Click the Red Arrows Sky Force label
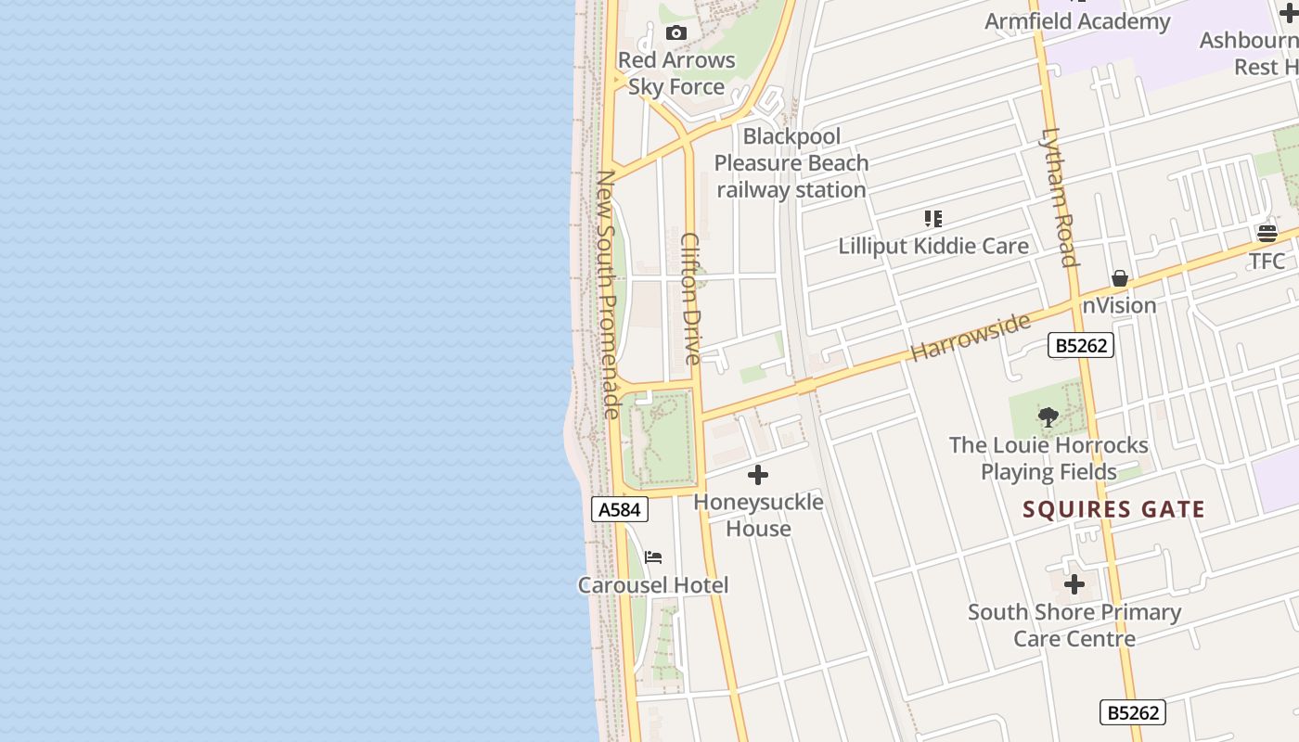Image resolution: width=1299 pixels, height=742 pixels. (x=676, y=73)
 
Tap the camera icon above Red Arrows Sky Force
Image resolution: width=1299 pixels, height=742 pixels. (x=676, y=33)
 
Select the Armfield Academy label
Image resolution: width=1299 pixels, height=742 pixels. (x=1077, y=21)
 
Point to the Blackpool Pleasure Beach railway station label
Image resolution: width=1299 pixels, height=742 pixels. (x=791, y=163)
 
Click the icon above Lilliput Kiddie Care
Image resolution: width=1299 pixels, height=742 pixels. (x=933, y=219)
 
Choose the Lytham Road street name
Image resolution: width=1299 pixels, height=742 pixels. (x=1060, y=197)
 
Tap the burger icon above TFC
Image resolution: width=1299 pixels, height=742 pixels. (x=1267, y=233)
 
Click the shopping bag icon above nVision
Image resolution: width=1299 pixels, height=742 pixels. (x=1120, y=278)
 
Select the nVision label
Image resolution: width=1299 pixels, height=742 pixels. (x=1120, y=305)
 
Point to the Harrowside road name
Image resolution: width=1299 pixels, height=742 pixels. (x=971, y=337)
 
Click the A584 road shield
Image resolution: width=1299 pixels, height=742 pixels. (x=619, y=509)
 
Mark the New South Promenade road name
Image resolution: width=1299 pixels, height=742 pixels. (x=608, y=293)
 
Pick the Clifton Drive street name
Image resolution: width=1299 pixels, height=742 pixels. (x=691, y=298)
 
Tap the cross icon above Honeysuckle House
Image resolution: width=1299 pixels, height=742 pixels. (x=758, y=475)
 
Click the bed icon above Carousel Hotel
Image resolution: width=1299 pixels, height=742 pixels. (x=653, y=557)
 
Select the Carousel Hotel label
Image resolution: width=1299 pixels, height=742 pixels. (x=653, y=585)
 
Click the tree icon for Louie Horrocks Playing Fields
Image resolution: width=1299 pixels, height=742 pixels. (x=1048, y=417)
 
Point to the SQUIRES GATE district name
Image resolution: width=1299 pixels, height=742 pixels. (x=1113, y=509)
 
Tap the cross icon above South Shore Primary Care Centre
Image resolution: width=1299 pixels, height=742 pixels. (x=1074, y=584)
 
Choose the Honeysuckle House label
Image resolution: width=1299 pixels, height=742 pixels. (x=758, y=516)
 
